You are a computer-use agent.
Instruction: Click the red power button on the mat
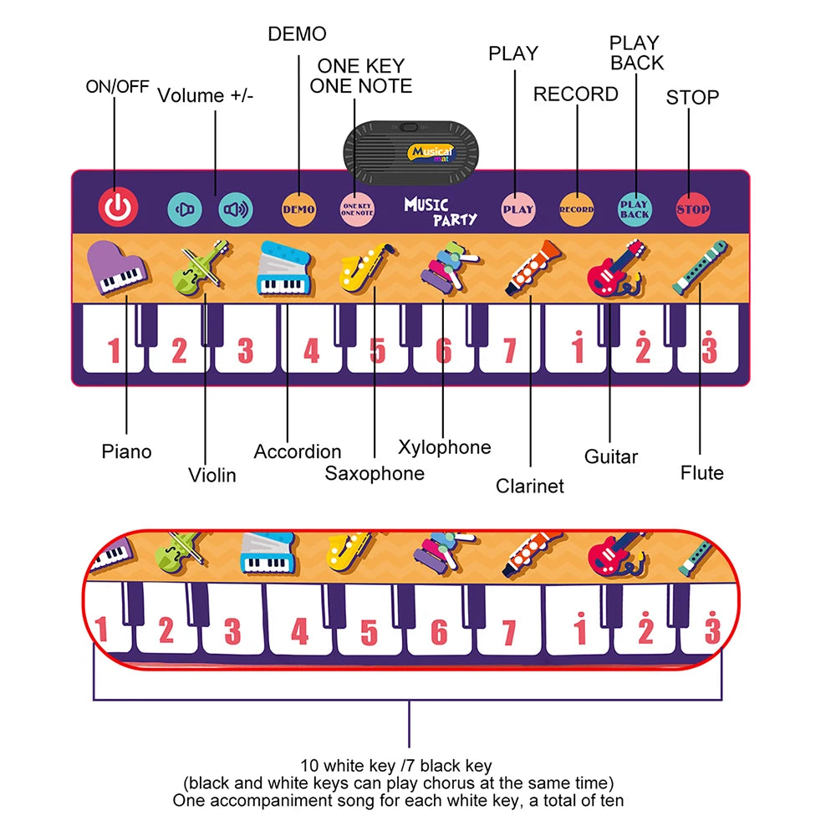click(x=118, y=206)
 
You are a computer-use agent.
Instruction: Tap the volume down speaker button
click(x=185, y=209)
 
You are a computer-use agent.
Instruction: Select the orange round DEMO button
click(x=298, y=209)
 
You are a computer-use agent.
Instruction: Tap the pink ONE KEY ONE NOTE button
click(x=357, y=209)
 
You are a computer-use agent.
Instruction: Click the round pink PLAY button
click(x=517, y=209)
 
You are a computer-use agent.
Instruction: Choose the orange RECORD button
click(x=576, y=209)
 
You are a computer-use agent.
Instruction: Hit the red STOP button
click(x=692, y=209)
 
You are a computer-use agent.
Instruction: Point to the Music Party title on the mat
click(x=441, y=212)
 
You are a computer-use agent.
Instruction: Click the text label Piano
click(x=126, y=451)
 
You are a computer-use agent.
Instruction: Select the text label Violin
click(x=212, y=475)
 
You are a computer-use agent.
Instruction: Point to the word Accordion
click(x=297, y=451)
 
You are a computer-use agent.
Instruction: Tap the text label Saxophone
click(x=375, y=473)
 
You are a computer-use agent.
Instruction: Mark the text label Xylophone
click(x=444, y=447)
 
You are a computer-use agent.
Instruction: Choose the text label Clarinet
click(x=529, y=486)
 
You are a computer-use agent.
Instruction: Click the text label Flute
click(x=701, y=473)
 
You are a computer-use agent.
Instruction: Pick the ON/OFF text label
click(x=117, y=86)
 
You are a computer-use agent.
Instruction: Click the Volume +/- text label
click(x=206, y=95)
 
